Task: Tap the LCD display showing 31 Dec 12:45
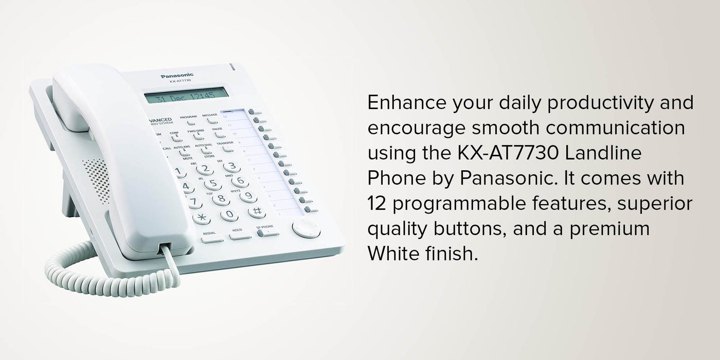pyautogui.click(x=186, y=96)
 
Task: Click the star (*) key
pyautogui.click(x=201, y=218)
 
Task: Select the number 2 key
pyautogui.click(x=205, y=169)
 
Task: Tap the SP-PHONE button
pyautogui.click(x=267, y=232)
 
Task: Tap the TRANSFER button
pyautogui.click(x=227, y=148)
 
